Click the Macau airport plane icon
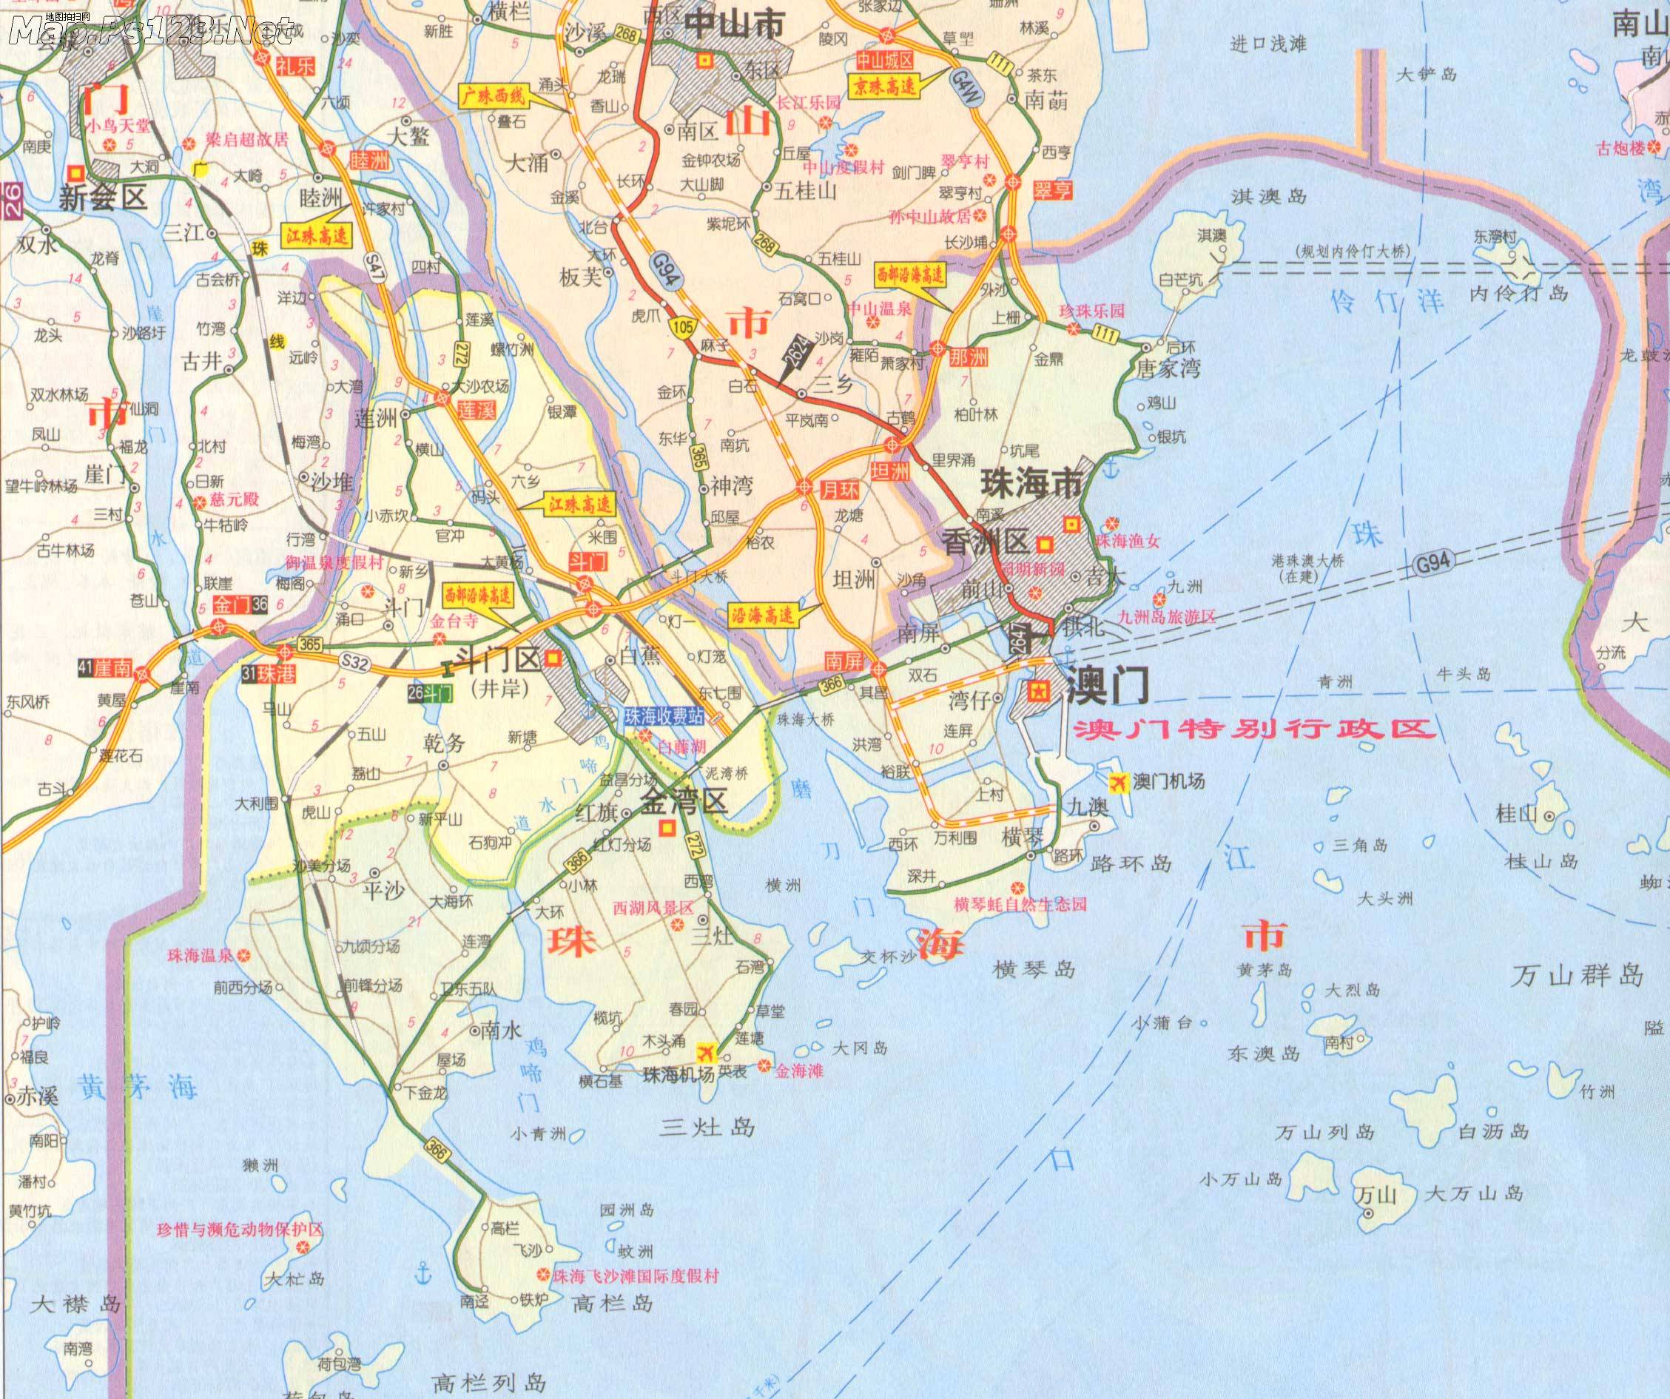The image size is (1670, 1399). point(1119,783)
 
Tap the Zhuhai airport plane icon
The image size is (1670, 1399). point(704,1052)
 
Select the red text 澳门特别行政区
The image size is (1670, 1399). point(1254,729)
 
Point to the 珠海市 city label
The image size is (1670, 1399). point(1032,483)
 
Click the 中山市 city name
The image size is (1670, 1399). point(734,24)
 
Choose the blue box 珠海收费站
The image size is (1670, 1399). point(664,716)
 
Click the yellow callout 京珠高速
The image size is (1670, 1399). point(885,86)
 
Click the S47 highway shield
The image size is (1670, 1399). point(374,265)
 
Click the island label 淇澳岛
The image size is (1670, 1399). point(1268,197)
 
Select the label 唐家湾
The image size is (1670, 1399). point(1168,368)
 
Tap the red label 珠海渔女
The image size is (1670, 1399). point(1128,541)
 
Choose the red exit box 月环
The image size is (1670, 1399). point(840,489)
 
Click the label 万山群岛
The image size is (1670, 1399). point(1576,974)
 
